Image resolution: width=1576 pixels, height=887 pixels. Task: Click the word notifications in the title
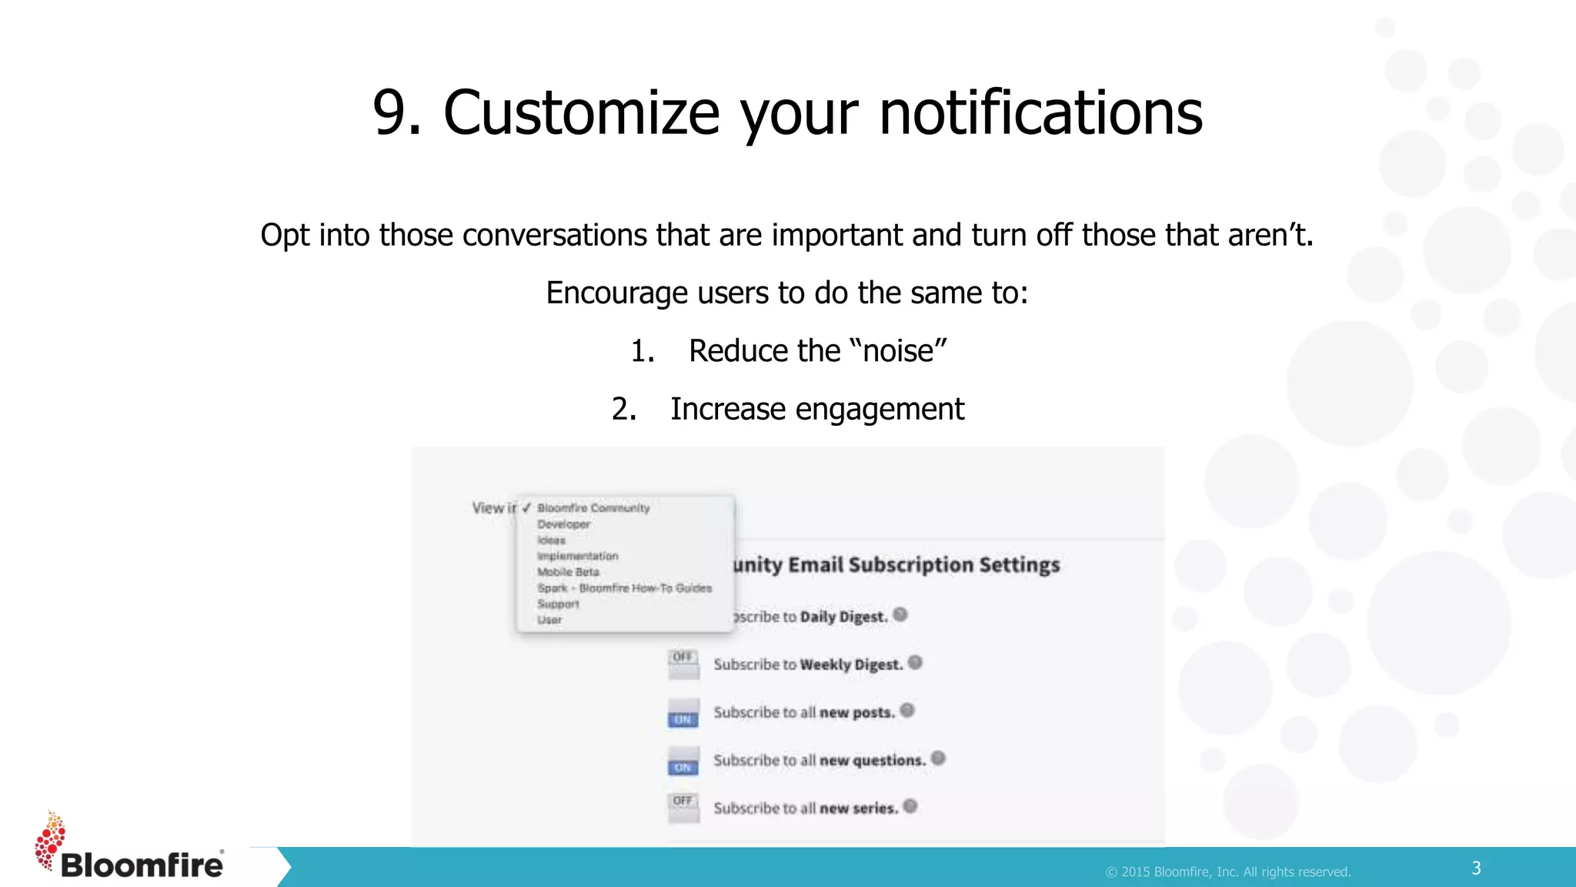click(1040, 113)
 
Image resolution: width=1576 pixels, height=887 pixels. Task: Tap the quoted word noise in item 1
click(898, 351)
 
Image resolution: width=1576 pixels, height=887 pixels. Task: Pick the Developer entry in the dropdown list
click(563, 524)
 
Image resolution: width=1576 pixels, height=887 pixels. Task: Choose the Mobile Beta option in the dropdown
click(568, 572)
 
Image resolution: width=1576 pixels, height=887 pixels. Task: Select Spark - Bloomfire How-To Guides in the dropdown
click(624, 588)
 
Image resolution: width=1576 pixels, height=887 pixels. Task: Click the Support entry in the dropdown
click(558, 604)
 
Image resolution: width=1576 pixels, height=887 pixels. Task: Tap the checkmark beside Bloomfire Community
click(526, 508)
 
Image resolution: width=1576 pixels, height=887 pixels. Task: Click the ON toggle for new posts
click(683, 712)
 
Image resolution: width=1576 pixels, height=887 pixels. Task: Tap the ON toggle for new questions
click(683, 760)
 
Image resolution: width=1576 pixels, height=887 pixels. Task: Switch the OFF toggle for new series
click(683, 808)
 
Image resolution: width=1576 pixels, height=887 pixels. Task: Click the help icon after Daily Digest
click(900, 614)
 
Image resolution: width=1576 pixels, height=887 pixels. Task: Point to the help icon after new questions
click(938, 758)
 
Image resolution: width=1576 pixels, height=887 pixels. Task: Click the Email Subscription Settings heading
click(897, 565)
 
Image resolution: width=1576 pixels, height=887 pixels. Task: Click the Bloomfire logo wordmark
click(142, 865)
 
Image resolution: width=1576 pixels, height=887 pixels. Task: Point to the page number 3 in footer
click(1476, 869)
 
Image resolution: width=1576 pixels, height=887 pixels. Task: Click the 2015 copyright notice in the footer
click(1228, 872)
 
